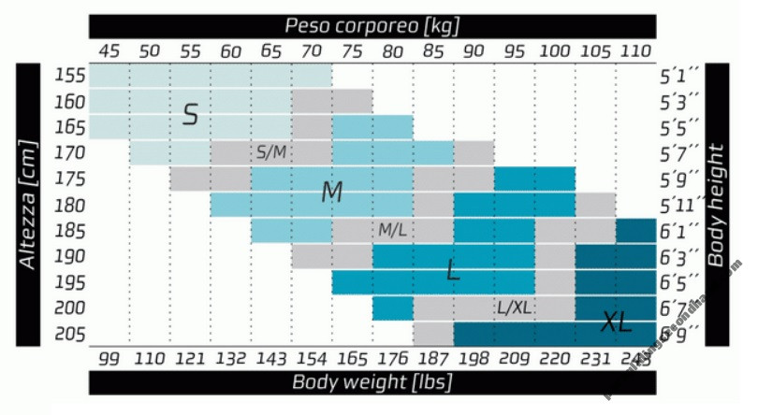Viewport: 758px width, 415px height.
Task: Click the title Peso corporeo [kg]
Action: click(x=372, y=25)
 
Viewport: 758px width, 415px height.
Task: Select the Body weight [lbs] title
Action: click(x=372, y=381)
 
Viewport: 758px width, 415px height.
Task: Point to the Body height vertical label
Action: click(x=718, y=204)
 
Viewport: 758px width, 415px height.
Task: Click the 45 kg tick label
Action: click(x=109, y=50)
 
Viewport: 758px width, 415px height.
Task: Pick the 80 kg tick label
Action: click(x=393, y=50)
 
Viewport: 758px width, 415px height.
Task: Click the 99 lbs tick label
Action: click(x=109, y=357)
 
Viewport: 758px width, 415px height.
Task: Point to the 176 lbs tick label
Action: click(x=393, y=357)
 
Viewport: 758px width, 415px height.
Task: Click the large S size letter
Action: click(x=190, y=115)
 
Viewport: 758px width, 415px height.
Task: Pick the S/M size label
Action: click(x=270, y=151)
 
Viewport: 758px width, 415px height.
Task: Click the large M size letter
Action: click(x=332, y=193)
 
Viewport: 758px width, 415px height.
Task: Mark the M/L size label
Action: click(x=392, y=229)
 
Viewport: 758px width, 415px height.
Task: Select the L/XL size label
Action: click(x=515, y=307)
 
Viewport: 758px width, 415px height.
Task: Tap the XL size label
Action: click(x=616, y=322)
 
